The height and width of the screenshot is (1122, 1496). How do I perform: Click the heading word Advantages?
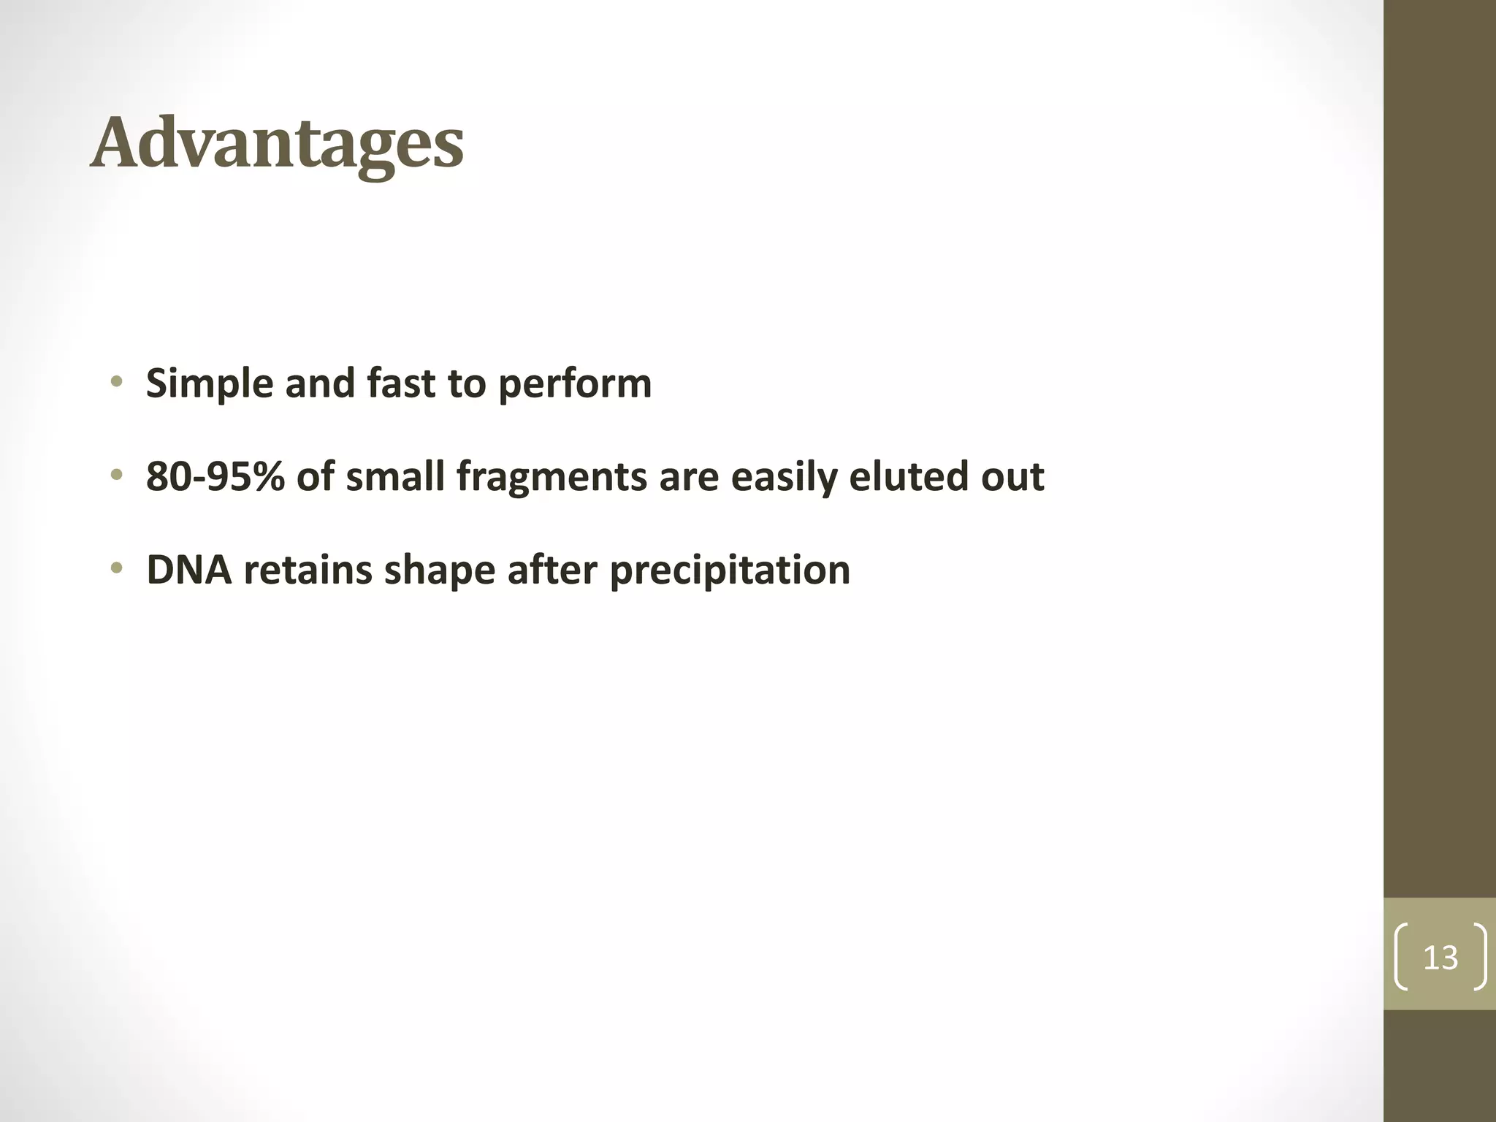pos(277,144)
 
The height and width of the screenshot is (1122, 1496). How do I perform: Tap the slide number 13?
pos(1440,958)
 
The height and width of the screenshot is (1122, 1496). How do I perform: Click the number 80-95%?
pos(215,476)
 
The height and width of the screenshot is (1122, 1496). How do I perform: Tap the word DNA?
pos(188,570)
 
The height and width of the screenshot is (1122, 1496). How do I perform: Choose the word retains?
pos(308,570)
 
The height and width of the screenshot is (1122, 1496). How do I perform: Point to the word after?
pos(552,570)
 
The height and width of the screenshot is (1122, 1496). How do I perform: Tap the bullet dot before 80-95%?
pos(115,476)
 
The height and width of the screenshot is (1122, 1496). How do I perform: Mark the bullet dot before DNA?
pos(115,569)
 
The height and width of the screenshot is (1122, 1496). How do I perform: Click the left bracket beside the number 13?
pos(1401,957)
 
